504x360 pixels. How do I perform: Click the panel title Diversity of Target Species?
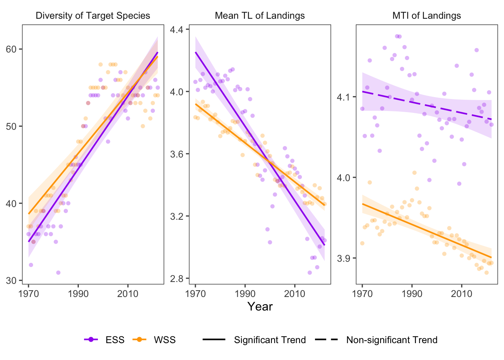[93, 16]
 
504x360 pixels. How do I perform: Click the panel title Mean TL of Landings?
[259, 16]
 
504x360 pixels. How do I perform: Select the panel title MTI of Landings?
[426, 16]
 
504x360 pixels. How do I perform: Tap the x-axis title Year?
[259, 306]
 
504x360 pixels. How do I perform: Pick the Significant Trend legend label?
[270, 340]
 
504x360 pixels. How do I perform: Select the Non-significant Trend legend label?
[391, 340]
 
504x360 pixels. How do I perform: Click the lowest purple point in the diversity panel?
[58, 273]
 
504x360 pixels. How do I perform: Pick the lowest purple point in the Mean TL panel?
[310, 273]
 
